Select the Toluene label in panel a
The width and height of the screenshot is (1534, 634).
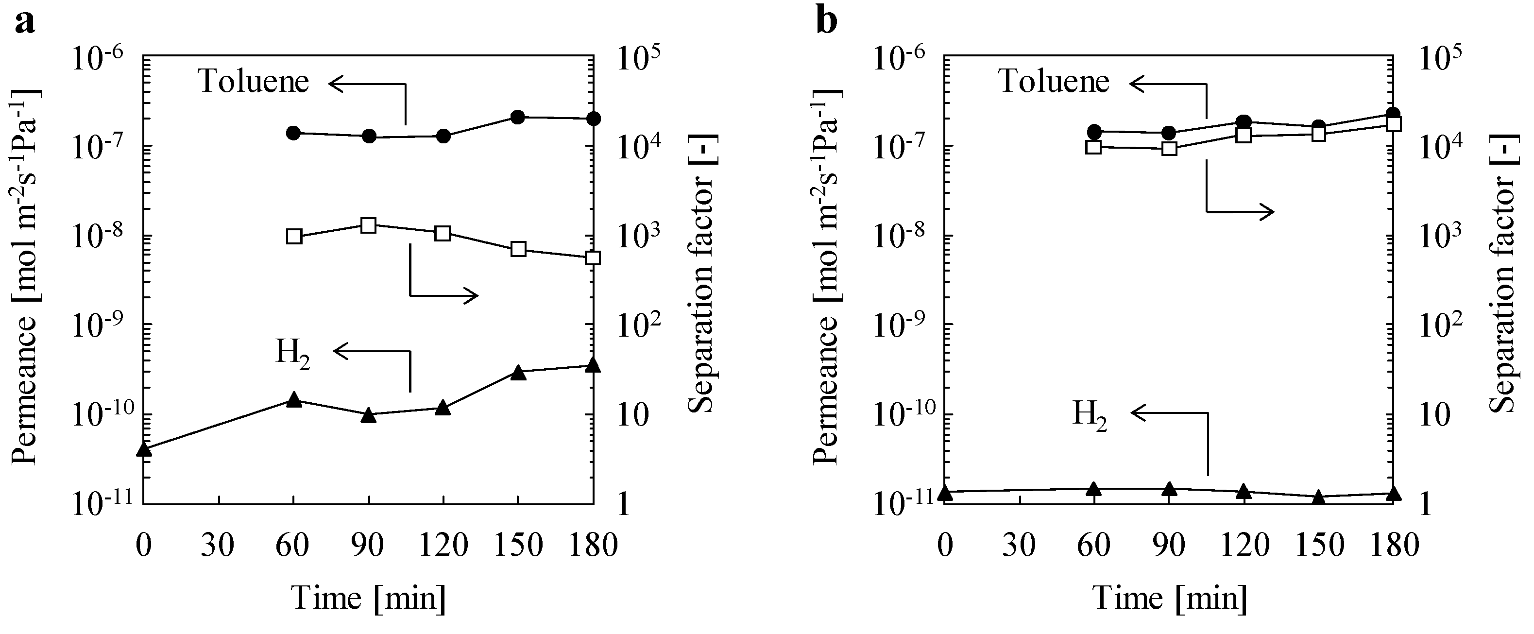tap(254, 81)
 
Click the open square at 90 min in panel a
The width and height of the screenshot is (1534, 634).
tap(369, 225)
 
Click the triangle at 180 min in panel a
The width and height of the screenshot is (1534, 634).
tap(592, 366)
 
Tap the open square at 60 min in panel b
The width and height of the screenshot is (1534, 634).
tap(1093, 147)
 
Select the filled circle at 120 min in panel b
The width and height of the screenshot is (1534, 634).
tap(1244, 122)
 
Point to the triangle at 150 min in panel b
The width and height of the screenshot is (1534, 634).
tap(1318, 497)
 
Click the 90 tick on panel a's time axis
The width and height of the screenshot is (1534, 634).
tap(367, 545)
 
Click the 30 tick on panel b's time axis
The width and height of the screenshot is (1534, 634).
tap(1019, 545)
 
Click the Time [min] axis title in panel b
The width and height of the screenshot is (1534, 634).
tap(1169, 598)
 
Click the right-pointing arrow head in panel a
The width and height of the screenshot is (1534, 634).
tap(474, 295)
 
